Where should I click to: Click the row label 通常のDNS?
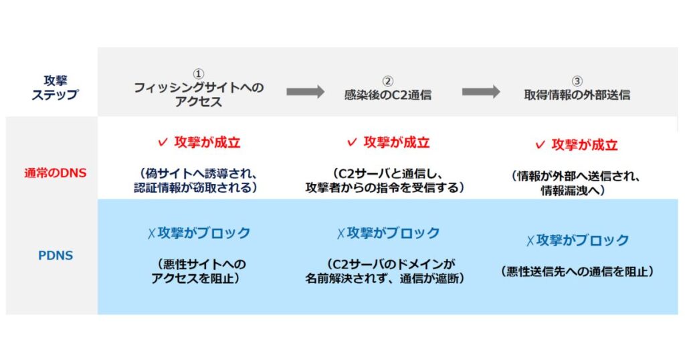(56, 173)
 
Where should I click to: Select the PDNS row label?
(56, 256)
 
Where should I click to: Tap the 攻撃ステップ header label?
(56, 88)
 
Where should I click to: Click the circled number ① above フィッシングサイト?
(199, 74)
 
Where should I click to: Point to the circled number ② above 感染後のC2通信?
(387, 81)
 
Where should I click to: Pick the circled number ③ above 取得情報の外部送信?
(577, 81)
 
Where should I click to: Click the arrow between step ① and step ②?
(305, 92)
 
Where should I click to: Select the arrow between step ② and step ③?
(481, 92)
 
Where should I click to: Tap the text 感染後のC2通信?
(387, 95)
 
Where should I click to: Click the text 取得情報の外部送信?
(577, 95)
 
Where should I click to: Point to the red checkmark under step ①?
(163, 143)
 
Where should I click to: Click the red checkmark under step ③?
(541, 145)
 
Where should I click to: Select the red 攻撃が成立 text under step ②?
(397, 143)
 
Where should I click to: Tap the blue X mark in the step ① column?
(151, 234)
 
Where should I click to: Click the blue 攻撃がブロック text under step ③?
(583, 240)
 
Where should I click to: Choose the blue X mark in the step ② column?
(340, 234)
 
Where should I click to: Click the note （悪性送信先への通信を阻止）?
(577, 272)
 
